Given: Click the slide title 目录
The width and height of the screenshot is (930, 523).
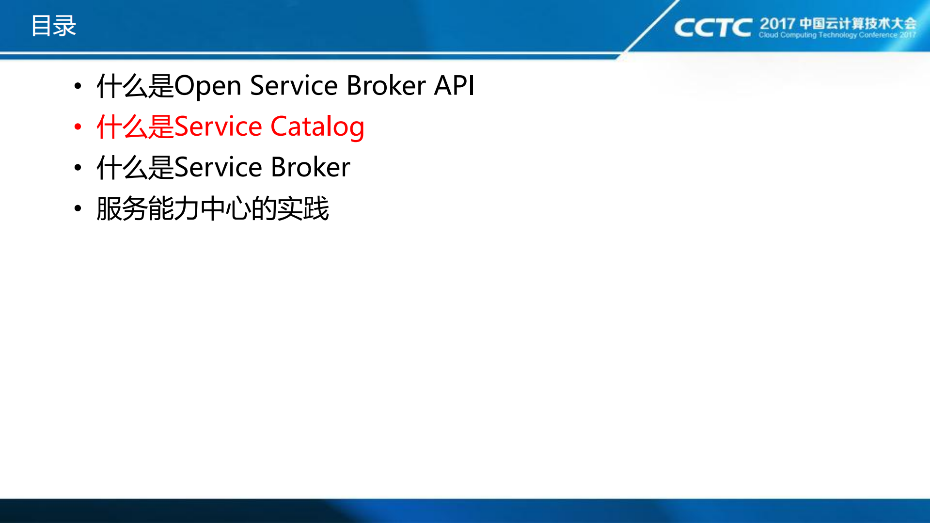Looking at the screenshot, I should (x=54, y=26).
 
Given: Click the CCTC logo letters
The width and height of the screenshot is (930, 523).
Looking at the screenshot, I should (x=712, y=28).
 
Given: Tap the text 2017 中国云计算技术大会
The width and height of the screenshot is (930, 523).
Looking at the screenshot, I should (x=837, y=23).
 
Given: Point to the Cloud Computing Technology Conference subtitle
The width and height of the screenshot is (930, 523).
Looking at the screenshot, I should (x=837, y=35).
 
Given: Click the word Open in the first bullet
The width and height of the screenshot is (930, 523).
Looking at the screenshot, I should (x=207, y=86).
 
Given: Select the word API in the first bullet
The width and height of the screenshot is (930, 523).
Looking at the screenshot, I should (x=454, y=86).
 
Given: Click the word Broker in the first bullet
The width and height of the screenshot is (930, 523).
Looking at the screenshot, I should (x=386, y=86).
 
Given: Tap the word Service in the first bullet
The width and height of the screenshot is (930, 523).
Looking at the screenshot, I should (x=294, y=86).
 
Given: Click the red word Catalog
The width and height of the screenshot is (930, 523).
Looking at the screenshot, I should (x=317, y=127).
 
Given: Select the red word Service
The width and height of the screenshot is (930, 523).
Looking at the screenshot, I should (x=218, y=127).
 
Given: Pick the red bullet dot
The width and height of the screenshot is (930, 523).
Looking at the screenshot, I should (x=78, y=127).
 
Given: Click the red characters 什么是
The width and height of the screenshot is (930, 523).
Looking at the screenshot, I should (x=135, y=127).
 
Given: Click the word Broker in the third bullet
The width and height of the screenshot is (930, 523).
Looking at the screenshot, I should (x=310, y=168).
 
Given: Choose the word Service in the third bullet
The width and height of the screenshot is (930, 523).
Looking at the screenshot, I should (x=218, y=168).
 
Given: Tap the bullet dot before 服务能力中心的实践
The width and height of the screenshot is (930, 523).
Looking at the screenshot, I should (x=78, y=208).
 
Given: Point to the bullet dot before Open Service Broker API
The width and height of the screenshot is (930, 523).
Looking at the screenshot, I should (x=78, y=86).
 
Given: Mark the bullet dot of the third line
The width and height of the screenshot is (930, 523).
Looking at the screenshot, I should (x=78, y=168).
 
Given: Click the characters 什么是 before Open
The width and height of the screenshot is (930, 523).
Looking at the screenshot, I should (x=135, y=86).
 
